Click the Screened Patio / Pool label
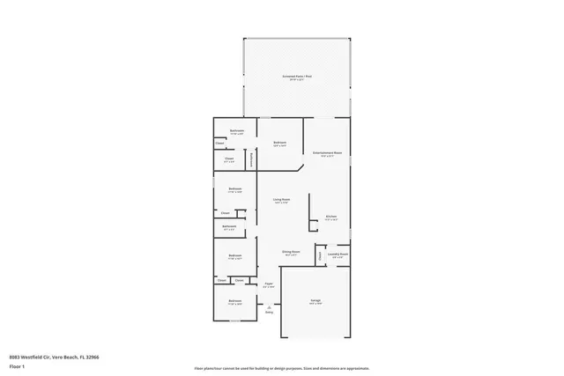click(x=297, y=77)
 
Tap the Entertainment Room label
click(x=326, y=153)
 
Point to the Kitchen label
click(x=331, y=216)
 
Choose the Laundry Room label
click(x=338, y=254)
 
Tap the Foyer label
click(x=269, y=284)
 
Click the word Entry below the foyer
click(x=270, y=313)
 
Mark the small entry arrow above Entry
click(x=270, y=306)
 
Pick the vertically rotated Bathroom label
click(x=252, y=159)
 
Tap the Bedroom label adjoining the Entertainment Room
click(x=279, y=142)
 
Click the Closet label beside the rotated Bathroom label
click(x=229, y=160)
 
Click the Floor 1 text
click(x=16, y=364)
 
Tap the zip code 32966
click(x=92, y=356)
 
